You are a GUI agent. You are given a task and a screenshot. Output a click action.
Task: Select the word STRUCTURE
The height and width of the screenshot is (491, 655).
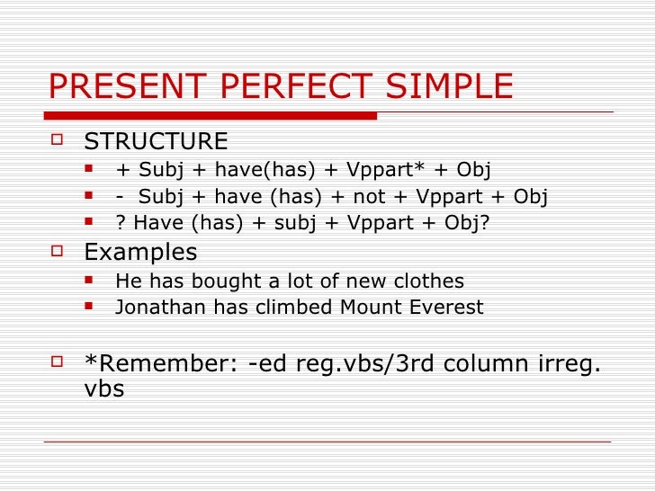(x=156, y=142)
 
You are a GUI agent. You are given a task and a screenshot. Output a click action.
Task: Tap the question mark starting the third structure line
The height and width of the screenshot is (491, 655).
(x=121, y=222)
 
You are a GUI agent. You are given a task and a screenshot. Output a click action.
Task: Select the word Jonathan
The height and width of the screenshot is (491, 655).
(x=161, y=308)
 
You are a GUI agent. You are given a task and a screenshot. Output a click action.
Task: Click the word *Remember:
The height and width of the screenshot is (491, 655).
(x=161, y=363)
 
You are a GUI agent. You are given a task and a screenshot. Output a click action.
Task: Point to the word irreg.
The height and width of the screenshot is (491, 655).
(x=568, y=363)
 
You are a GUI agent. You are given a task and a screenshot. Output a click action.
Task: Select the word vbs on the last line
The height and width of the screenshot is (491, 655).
(x=103, y=389)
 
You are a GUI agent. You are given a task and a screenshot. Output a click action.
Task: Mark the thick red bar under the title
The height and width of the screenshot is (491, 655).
(x=212, y=115)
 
